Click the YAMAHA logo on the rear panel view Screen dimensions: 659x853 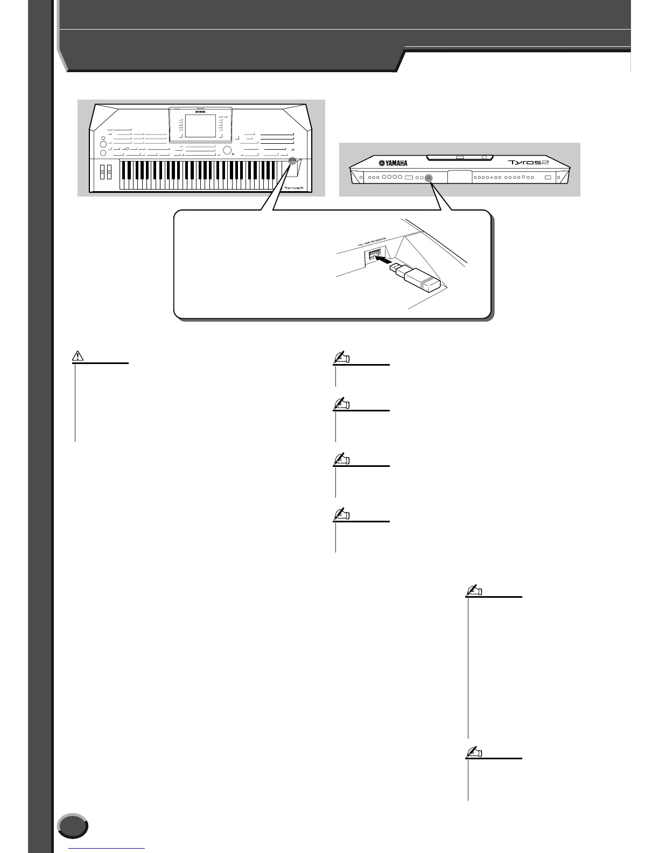point(392,164)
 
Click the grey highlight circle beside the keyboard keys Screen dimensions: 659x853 point(292,161)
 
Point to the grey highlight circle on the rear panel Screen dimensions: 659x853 point(429,177)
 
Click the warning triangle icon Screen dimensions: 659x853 point(79,355)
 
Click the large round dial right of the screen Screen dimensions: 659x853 point(228,151)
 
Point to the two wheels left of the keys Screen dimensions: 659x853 point(106,172)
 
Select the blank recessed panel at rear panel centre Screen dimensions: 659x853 point(459,177)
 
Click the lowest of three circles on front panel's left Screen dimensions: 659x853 point(103,152)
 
